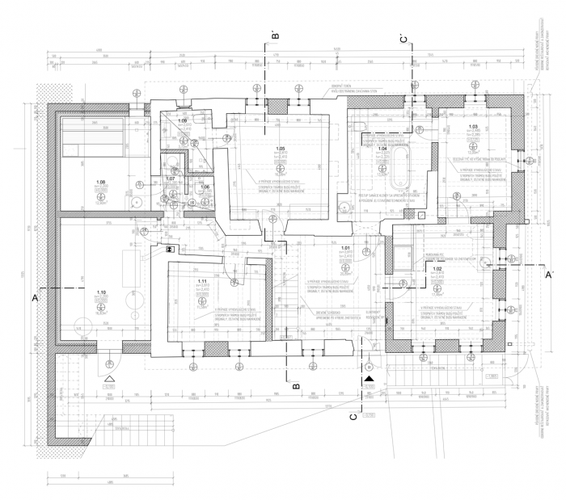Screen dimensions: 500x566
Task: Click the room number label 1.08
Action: point(101,182)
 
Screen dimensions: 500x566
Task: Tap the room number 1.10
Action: point(102,292)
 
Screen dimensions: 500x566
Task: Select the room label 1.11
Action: point(203,280)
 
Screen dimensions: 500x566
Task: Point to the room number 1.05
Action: point(281,149)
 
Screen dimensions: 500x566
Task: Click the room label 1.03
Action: point(474,127)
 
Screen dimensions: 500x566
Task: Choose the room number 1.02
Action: point(437,268)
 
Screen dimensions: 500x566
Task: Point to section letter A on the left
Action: point(34,299)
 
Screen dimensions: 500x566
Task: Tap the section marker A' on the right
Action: point(548,275)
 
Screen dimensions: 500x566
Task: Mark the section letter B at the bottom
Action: point(296,387)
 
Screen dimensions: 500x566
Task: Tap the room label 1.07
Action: point(171,178)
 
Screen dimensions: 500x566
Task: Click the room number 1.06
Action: point(205,187)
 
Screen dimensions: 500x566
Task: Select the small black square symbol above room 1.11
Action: point(171,250)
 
